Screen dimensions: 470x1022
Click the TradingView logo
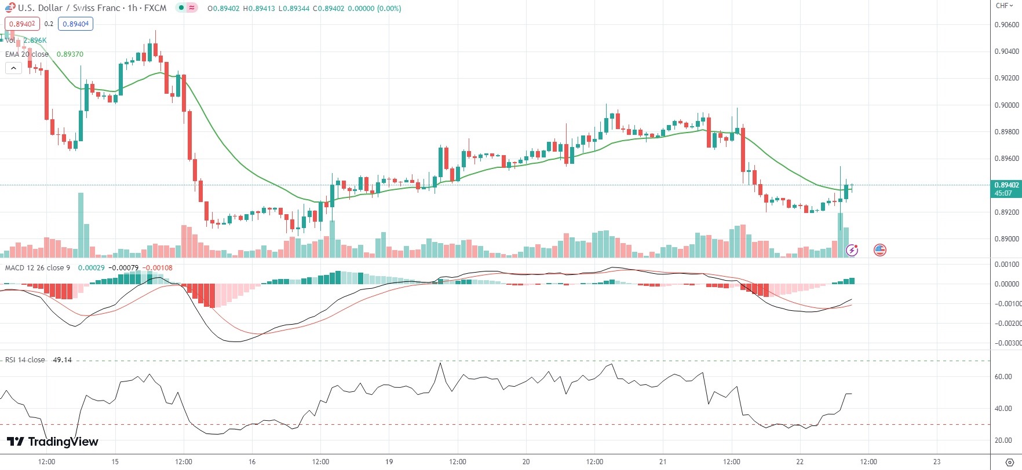(x=52, y=442)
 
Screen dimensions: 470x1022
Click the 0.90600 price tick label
(x=1006, y=25)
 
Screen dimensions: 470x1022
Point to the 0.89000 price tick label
(x=1006, y=238)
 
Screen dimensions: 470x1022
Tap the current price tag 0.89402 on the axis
(x=1006, y=185)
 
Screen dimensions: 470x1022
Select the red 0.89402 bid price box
(x=22, y=24)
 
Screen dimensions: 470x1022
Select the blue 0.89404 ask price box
(x=75, y=24)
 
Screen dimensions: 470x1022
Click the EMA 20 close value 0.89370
(x=70, y=54)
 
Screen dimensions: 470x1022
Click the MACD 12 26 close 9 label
(x=38, y=268)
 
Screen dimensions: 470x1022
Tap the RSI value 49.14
(x=62, y=360)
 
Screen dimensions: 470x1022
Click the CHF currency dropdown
(x=1004, y=6)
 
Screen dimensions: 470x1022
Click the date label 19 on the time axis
(x=389, y=461)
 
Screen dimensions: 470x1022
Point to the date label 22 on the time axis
(x=800, y=461)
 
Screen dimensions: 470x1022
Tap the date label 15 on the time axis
(x=115, y=461)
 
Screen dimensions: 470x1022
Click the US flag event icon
(x=879, y=250)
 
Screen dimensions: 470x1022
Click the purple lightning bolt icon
(x=852, y=250)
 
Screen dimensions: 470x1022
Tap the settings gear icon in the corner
(x=1010, y=462)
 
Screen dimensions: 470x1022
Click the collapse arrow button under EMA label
(x=13, y=68)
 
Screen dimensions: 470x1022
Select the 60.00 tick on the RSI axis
(x=1003, y=377)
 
